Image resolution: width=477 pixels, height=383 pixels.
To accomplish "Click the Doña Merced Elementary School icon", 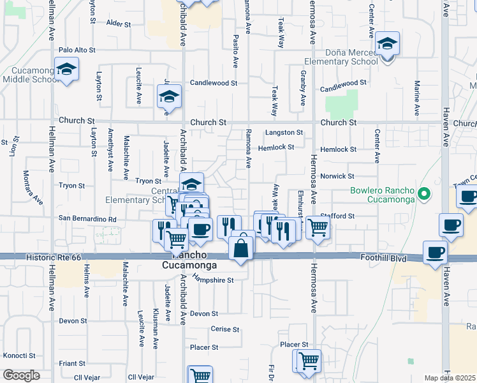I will click(x=387, y=45).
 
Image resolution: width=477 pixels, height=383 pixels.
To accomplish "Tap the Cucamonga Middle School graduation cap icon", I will click(x=66, y=70).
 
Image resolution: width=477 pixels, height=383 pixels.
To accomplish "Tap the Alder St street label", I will click(x=119, y=24).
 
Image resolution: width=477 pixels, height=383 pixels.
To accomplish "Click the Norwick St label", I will click(x=337, y=176).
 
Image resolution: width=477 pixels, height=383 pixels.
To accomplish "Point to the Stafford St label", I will click(x=339, y=216).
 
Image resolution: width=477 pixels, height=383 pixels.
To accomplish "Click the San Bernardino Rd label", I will click(x=88, y=219).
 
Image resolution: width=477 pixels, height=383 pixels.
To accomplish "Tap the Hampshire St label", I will click(x=214, y=280).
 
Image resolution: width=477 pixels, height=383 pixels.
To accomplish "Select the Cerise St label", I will click(x=224, y=329).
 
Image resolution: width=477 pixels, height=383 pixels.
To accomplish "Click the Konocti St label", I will click(x=19, y=355).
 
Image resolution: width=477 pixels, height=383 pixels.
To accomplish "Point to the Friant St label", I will click(x=68, y=363).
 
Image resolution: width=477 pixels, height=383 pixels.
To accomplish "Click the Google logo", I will click(x=21, y=375).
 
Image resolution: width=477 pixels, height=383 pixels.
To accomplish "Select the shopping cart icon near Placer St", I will click(x=308, y=361).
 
